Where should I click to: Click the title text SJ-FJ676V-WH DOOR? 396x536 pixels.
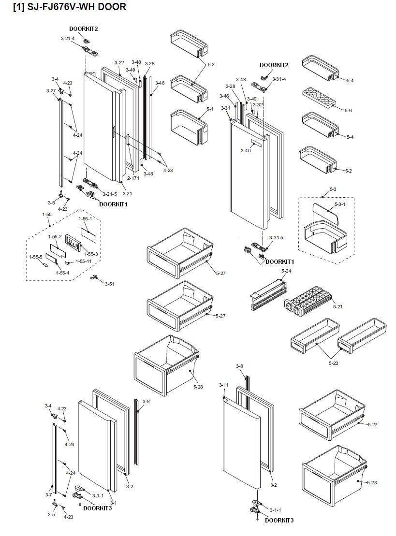click(x=70, y=7)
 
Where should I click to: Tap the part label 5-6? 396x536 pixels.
click(x=348, y=111)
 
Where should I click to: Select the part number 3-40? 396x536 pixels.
click(x=246, y=151)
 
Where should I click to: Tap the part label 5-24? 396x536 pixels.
click(x=286, y=271)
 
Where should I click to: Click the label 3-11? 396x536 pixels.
click(x=223, y=385)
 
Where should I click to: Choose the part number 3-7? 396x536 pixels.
click(x=48, y=495)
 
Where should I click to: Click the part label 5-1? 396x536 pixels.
click(x=209, y=109)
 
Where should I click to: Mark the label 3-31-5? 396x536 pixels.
click(x=276, y=238)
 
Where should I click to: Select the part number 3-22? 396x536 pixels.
click(x=119, y=63)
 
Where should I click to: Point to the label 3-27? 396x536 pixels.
click(x=51, y=91)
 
